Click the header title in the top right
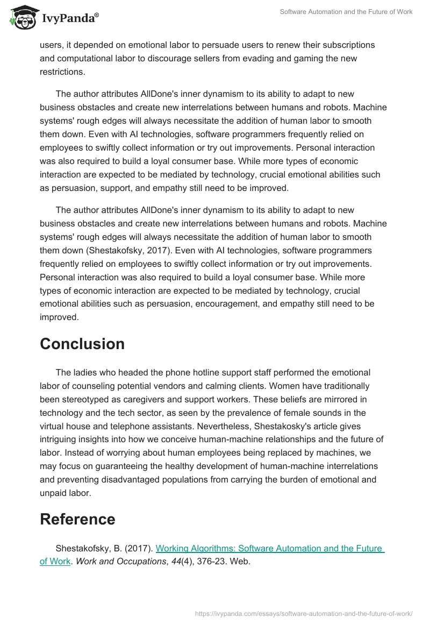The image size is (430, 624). [346, 12]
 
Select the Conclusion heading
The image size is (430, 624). [82, 344]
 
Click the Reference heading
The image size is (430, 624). [77, 519]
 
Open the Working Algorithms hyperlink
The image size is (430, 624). [269, 549]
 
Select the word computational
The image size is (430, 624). [83, 58]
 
